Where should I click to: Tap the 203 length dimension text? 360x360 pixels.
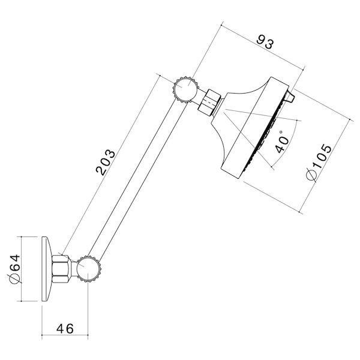tap(107, 161)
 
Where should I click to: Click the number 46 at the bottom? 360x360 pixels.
tap(64, 328)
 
